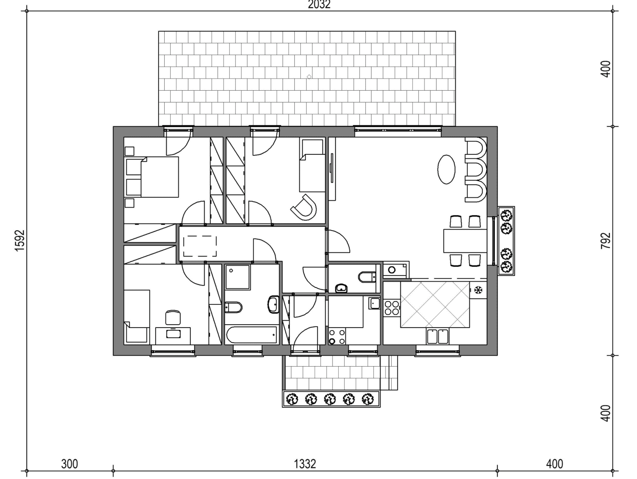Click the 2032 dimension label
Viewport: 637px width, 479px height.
click(319, 5)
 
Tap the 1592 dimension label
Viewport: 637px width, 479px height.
click(20, 241)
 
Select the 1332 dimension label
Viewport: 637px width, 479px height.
click(305, 464)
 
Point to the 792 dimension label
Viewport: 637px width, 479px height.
click(606, 241)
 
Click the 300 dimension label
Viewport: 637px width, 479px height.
click(69, 464)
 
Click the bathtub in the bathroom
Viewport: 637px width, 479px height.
click(252, 335)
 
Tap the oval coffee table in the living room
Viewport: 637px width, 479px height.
click(446, 169)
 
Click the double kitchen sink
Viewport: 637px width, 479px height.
click(437, 336)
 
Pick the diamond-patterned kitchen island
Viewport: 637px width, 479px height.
click(435, 304)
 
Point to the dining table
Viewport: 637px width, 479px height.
click(465, 241)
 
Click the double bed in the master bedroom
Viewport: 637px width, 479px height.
click(160, 177)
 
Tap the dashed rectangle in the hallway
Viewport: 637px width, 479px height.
click(200, 246)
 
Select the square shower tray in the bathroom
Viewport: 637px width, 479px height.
click(238, 277)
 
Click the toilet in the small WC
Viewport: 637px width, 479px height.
click(367, 277)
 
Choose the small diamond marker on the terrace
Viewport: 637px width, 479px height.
click(309, 77)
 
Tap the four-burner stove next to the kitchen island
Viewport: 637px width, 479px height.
click(392, 308)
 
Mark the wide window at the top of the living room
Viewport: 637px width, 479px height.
click(398, 131)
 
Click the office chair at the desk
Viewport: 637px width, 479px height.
click(173, 317)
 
